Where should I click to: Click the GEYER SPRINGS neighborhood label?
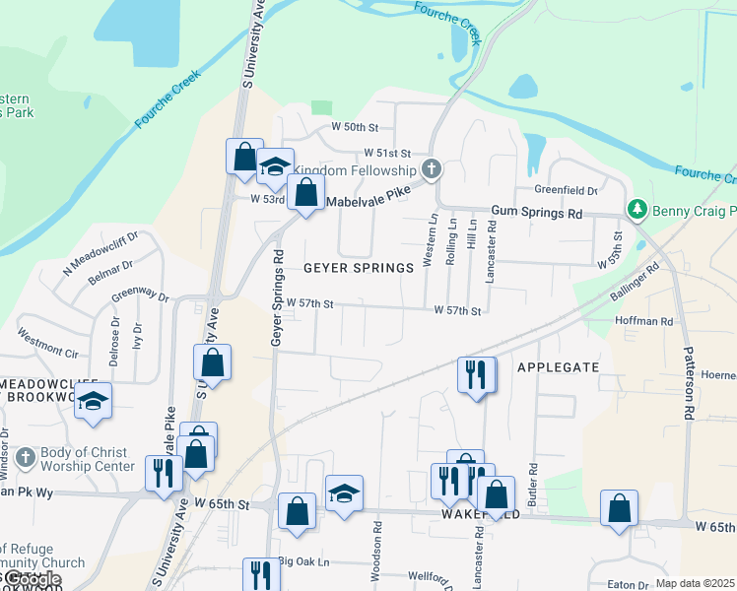358,268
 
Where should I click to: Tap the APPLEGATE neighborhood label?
558,366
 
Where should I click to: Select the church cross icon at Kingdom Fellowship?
431,169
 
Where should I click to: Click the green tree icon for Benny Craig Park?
636,210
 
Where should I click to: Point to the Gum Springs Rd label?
537,213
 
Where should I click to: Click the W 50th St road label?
355,127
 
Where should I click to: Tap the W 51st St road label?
386,153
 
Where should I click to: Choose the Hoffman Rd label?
643,321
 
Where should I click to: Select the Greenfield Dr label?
567,190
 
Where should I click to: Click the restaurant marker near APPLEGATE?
476,375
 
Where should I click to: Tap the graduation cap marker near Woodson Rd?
344,492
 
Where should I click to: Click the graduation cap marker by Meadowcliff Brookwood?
94,401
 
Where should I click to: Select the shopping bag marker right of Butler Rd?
619,508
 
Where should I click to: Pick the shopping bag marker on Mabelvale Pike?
305,192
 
